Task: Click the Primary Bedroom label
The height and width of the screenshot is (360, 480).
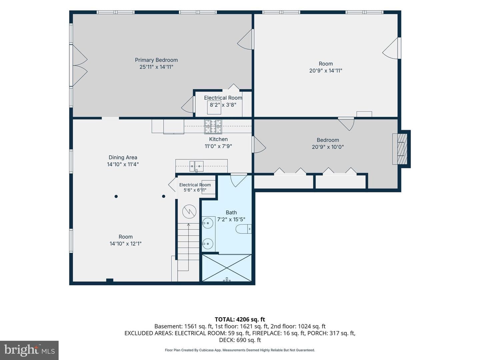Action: (x=156, y=60)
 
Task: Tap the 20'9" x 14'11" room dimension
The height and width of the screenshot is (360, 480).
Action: (x=326, y=71)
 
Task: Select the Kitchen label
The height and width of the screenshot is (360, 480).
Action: (x=218, y=139)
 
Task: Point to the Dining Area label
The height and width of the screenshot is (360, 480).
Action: (x=123, y=157)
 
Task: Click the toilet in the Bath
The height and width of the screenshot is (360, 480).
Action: (x=243, y=229)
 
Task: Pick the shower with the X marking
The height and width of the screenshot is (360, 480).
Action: (x=227, y=268)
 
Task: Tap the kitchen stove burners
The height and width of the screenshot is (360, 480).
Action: (x=213, y=127)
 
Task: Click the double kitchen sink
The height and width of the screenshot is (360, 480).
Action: (x=196, y=166)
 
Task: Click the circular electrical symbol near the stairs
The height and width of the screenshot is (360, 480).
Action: (x=189, y=212)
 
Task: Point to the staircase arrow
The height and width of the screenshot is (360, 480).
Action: (x=188, y=247)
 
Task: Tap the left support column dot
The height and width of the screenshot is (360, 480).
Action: (x=116, y=196)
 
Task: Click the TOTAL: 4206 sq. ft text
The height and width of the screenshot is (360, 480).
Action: (x=240, y=320)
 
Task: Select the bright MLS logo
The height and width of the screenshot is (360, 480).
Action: (x=29, y=350)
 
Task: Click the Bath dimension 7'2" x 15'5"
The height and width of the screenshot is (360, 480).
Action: (x=231, y=219)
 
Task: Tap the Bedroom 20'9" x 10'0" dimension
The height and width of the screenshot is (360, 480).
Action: (x=328, y=147)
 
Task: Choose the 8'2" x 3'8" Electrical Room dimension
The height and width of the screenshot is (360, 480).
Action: (x=223, y=105)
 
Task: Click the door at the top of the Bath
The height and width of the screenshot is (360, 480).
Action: (x=239, y=180)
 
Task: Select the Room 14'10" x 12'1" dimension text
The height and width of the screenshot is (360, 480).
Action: (x=126, y=244)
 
